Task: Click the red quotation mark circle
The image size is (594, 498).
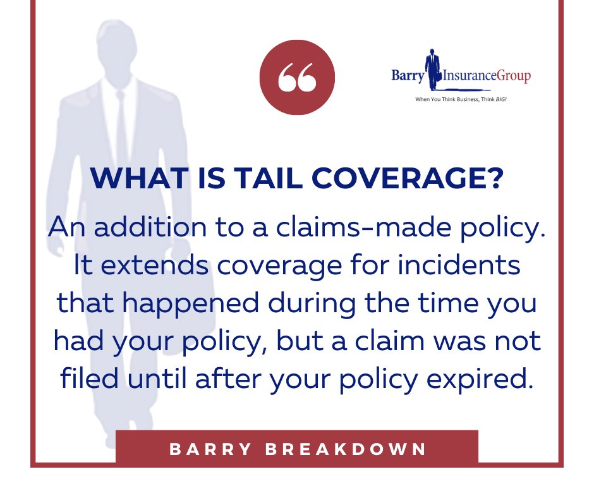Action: click(296, 78)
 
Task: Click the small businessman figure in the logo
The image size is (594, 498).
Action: click(432, 68)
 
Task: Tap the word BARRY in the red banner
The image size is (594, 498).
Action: click(205, 449)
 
